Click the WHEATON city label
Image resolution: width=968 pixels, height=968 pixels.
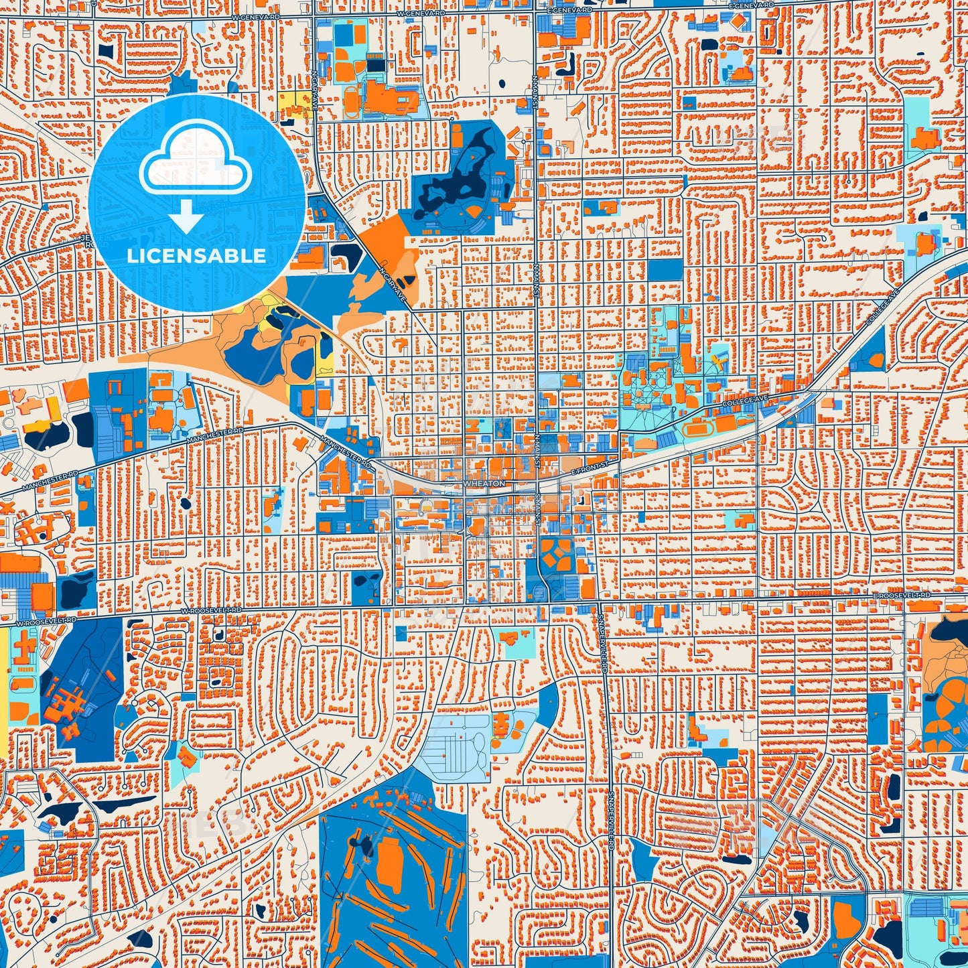484,483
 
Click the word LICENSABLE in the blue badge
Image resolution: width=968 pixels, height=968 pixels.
196,255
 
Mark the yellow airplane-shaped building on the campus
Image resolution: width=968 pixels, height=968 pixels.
719,362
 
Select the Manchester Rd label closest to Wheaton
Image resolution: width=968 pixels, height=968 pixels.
346,453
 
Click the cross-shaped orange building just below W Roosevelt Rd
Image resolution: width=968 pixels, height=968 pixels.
24,646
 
